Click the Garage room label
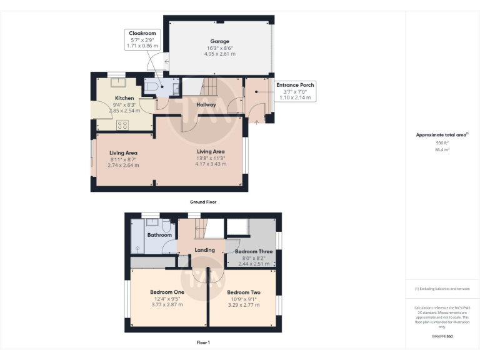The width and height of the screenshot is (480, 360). coord(219,41)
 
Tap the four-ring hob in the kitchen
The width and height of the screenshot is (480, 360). coord(122,125)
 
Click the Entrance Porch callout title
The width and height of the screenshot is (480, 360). coord(295,84)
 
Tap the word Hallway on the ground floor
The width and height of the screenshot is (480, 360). coord(206,104)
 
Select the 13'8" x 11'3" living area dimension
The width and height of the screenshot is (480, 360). coord(211,158)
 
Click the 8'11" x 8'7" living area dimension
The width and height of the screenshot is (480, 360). coord(123,159)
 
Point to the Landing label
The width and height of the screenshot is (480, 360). coord(204,250)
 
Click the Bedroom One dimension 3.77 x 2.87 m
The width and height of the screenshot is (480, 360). coord(167,305)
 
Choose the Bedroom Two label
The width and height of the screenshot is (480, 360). coord(243,292)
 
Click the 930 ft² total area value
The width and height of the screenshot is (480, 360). coord(442,143)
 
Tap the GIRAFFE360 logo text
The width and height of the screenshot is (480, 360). coord(442,337)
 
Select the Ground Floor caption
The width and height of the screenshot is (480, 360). coord(202,202)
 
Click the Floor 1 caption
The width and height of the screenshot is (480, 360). coord(202,342)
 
